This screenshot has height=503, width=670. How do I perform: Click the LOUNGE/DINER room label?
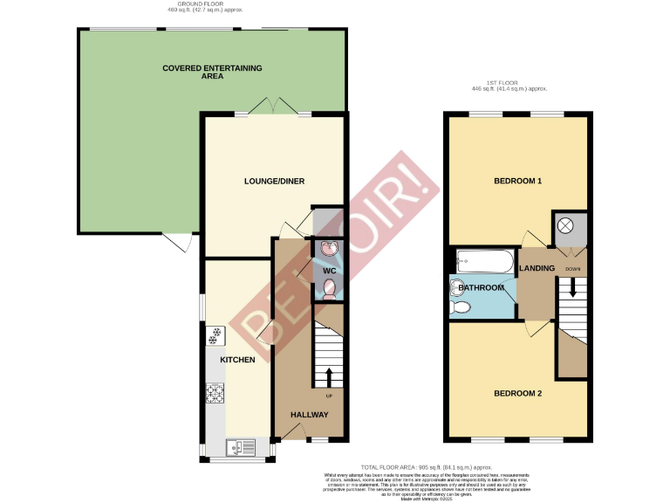pyautogui.click(x=274, y=181)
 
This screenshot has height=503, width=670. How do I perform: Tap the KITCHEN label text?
pyautogui.click(x=237, y=360)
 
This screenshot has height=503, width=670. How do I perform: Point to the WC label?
pyautogui.click(x=329, y=271)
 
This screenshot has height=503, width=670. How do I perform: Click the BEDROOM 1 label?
pyautogui.click(x=518, y=182)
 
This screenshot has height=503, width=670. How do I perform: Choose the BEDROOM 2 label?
pyautogui.click(x=518, y=394)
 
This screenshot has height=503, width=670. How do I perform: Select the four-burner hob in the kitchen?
pyautogui.click(x=215, y=395)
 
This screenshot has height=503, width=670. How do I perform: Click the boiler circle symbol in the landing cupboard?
pyautogui.click(x=565, y=225)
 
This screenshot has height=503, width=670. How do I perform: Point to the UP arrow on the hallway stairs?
pyautogui.click(x=329, y=376)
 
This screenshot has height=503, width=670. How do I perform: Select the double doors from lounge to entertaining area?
pyautogui.click(x=274, y=107)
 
